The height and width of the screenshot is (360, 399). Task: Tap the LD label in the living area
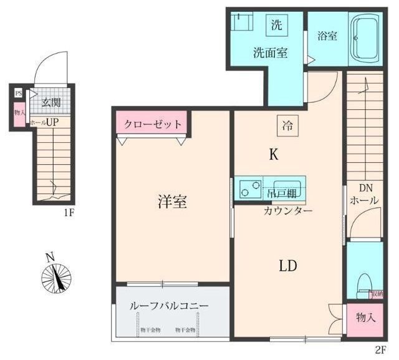click(x=287, y=265)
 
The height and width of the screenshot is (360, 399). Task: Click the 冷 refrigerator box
click(x=287, y=126)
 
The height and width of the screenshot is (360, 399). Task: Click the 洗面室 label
click(x=270, y=52)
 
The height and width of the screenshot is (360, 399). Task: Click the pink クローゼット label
click(x=153, y=124)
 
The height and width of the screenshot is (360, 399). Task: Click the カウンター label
click(x=287, y=210)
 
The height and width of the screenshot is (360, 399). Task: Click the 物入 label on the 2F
click(x=365, y=318)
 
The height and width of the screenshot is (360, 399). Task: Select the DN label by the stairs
click(x=365, y=187)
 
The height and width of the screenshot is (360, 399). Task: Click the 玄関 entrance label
click(x=51, y=103)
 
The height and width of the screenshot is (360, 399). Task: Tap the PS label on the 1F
click(x=18, y=95)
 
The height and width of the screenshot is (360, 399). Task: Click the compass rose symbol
click(x=57, y=276)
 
